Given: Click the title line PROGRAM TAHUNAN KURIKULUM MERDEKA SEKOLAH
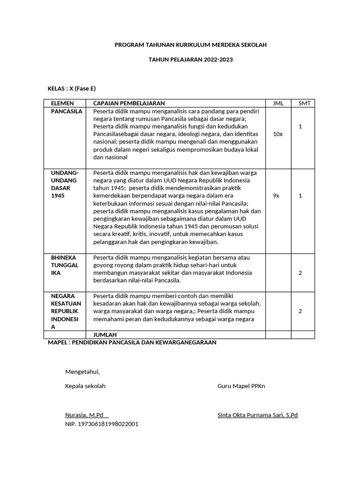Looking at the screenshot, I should coord(191,45).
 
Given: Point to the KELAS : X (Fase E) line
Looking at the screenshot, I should coord(72,89).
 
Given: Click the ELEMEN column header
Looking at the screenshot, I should coord(63,103).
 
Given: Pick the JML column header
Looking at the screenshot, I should coord(278,103).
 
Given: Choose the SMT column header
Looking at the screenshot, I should coord(303,103).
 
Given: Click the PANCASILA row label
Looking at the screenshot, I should coord(67,111).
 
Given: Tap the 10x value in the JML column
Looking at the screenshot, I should coord(277,134).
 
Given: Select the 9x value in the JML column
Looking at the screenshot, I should coord(276,195).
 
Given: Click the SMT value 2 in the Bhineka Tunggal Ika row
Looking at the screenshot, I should coord(300,273).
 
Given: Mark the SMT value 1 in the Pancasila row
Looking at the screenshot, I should coord(300,127).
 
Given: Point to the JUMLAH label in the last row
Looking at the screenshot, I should coord(105,335).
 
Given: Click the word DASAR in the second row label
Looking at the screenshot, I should coord(60,188).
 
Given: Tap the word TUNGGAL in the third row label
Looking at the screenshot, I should coord(65,265).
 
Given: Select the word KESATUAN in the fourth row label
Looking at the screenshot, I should coord(66,303).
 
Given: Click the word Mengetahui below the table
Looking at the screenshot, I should coord(82,372).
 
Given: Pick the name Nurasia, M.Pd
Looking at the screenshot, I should coord(86,415).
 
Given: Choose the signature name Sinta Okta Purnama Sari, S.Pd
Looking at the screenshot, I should coord(257,415).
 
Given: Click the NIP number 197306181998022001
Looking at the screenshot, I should coord(102,424).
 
